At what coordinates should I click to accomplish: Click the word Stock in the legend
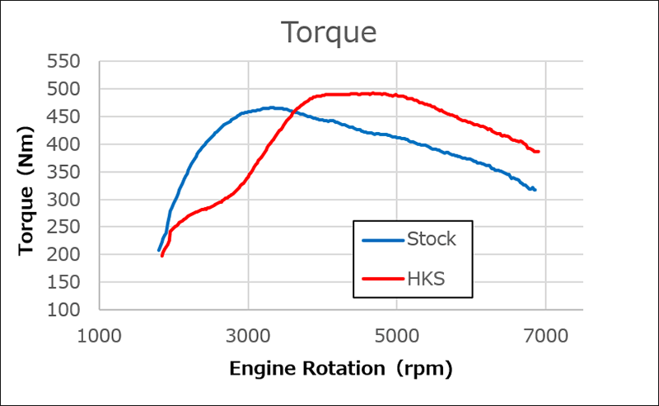(431, 240)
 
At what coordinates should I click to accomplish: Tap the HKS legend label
(427, 279)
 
